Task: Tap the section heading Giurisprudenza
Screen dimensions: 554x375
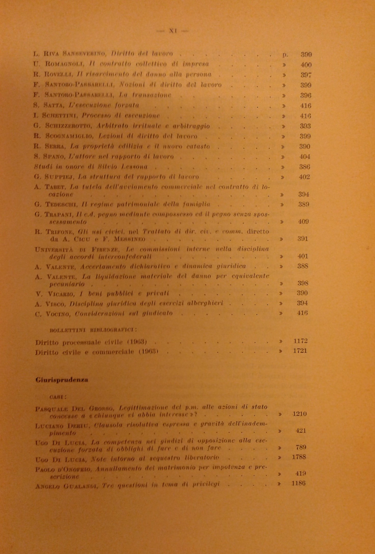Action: coord(62,380)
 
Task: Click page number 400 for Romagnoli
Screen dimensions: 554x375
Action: coord(306,65)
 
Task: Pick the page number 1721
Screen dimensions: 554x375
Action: coord(300,351)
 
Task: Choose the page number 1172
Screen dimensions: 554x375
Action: coord(300,341)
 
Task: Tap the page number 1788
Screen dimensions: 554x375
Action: coord(299,457)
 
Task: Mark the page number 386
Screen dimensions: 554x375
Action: coord(304,167)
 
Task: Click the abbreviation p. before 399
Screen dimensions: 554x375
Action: coord(285,55)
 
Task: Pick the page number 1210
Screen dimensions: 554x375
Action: coord(299,414)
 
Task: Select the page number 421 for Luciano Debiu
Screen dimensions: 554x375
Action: coord(300,431)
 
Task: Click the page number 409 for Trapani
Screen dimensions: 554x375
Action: coord(303,222)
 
